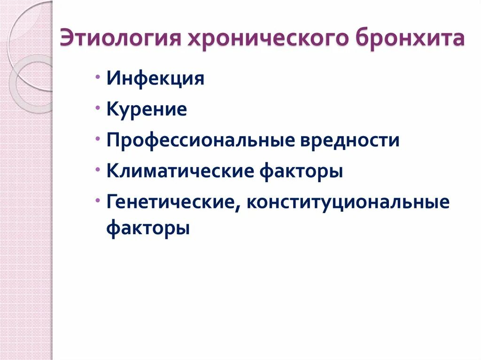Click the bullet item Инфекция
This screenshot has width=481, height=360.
coord(155,78)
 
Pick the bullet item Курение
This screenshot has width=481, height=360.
coord(147,109)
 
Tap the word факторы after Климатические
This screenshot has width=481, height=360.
coord(301,171)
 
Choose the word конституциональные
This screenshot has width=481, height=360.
coord(348,203)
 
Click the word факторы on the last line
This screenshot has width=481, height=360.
coord(148,229)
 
